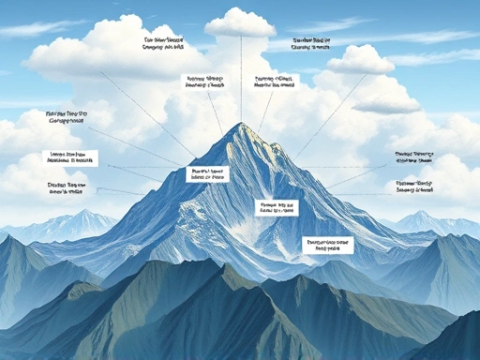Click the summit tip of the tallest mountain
click(241, 124)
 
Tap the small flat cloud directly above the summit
click(240, 22)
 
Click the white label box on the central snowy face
click(277, 206)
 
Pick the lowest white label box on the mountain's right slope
click(327, 245)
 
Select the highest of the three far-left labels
click(71, 118)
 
